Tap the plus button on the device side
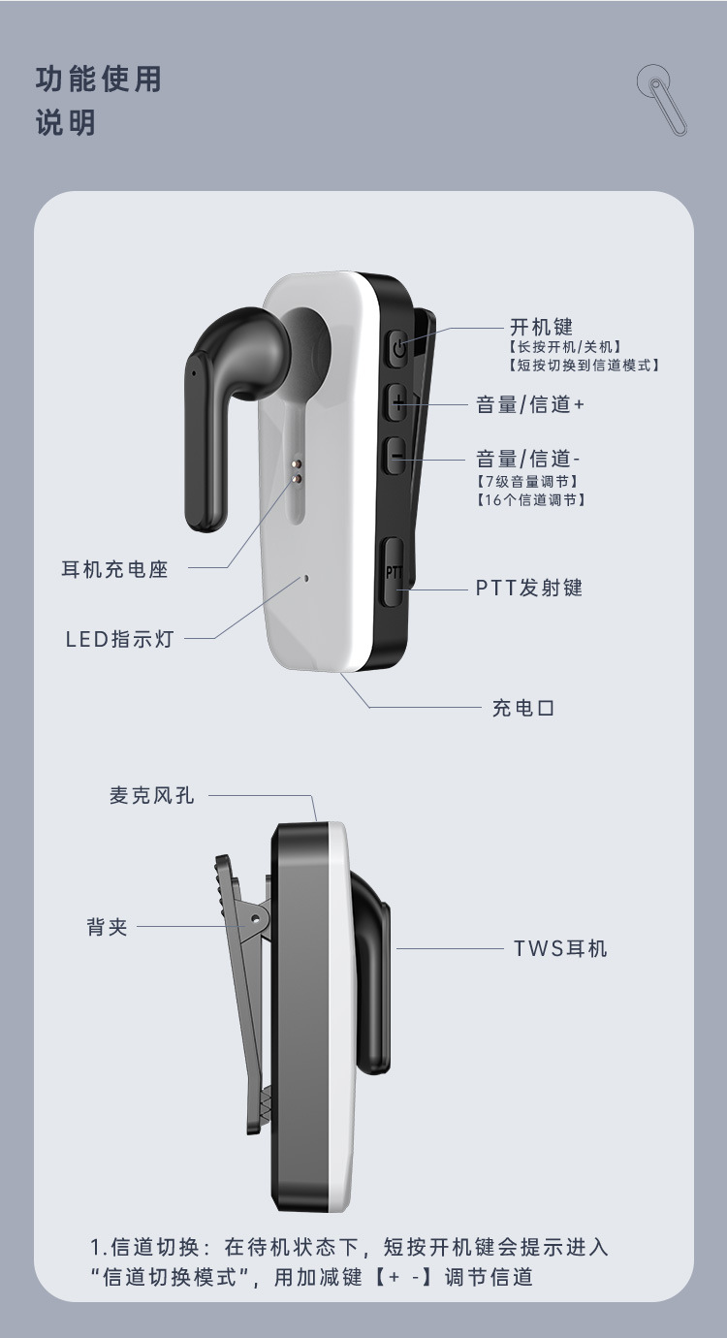click(x=396, y=402)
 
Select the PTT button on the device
click(x=393, y=572)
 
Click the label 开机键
click(x=542, y=328)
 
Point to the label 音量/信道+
click(x=530, y=404)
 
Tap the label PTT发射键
click(x=529, y=588)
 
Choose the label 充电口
click(x=523, y=708)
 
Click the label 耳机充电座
click(x=115, y=569)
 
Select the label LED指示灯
click(x=119, y=639)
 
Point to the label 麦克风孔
click(x=151, y=795)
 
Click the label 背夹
click(x=107, y=927)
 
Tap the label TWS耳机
click(x=560, y=948)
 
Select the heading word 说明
click(x=66, y=124)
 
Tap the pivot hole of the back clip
click(x=257, y=912)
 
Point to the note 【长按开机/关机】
click(x=564, y=346)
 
